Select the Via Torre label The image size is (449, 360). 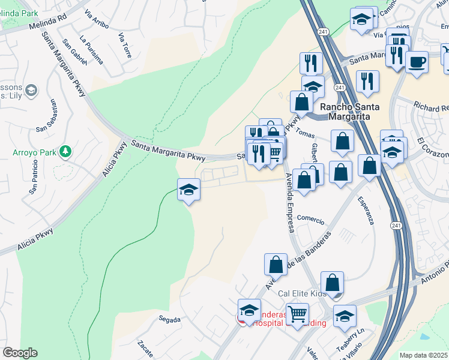(x=125, y=44)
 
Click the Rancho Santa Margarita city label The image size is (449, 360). (x=349, y=112)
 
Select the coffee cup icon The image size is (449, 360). (x=417, y=61)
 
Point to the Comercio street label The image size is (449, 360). (x=311, y=220)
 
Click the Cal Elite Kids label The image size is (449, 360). (x=302, y=294)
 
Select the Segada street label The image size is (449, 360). (x=169, y=320)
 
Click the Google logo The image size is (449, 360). (x=20, y=353)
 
